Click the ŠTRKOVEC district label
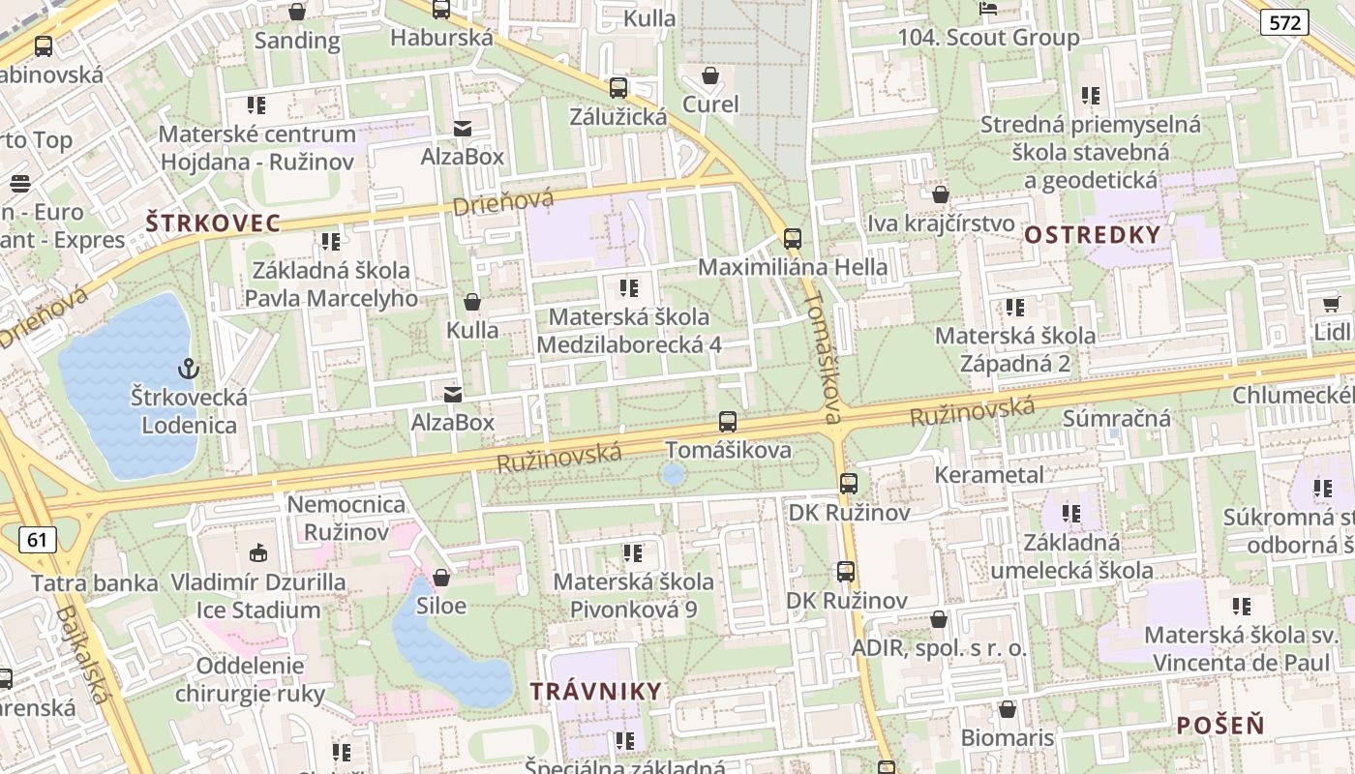point(213,223)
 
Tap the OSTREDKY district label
point(1092,234)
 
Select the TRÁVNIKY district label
point(596,691)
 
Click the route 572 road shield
point(1284,22)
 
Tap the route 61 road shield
point(37,539)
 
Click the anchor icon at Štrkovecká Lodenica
point(189,369)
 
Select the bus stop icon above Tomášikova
point(728,422)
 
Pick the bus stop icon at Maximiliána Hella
point(793,238)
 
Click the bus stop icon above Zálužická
point(618,88)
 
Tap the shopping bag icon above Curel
point(710,75)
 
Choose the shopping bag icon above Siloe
point(441,578)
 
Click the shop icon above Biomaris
point(1008,709)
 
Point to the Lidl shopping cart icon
point(1331,304)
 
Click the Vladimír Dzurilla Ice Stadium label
point(258,596)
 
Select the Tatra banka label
point(95,583)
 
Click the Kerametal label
point(989,475)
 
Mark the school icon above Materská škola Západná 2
point(1014,308)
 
